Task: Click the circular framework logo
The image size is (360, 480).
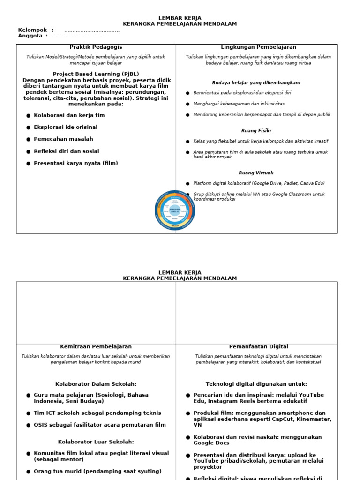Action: pyautogui.click(x=175, y=210)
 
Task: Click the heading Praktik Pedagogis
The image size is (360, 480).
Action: pyautogui.click(x=96, y=47)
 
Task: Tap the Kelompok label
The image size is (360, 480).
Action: pyautogui.click(x=33, y=30)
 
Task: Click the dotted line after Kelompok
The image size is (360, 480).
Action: pyautogui.click(x=91, y=30)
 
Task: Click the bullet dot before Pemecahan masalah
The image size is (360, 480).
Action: pyautogui.click(x=29, y=139)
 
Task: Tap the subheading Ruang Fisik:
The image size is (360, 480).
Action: pyautogui.click(x=256, y=131)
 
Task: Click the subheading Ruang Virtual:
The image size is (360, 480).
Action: pyautogui.click(x=256, y=173)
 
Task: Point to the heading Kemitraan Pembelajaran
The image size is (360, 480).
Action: pyautogui.click(x=96, y=347)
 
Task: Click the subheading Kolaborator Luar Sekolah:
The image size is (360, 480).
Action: pyautogui.click(x=96, y=442)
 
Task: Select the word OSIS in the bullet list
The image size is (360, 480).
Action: pyautogui.click(x=41, y=425)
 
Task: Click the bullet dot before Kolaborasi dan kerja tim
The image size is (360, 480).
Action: pyautogui.click(x=29, y=115)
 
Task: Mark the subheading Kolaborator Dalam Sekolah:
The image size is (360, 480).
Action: pyautogui.click(x=96, y=383)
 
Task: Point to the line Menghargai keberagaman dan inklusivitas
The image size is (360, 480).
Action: pyautogui.click(x=239, y=104)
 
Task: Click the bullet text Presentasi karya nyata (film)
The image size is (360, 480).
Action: pyautogui.click(x=76, y=163)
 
